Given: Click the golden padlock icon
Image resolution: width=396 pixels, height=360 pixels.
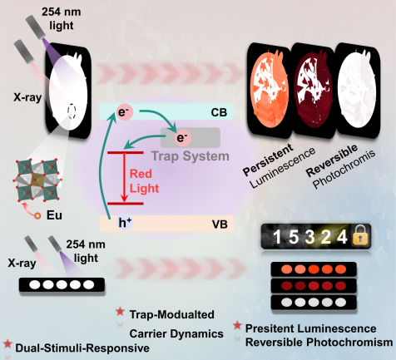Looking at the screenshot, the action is pos(360,235).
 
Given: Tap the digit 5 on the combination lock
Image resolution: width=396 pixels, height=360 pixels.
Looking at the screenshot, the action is pos(294,237).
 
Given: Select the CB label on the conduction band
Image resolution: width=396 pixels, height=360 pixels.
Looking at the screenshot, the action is pos(219,112).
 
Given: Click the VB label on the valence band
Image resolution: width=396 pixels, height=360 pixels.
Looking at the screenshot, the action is pos(220,224).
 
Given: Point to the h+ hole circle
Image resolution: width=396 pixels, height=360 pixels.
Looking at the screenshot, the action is pos(125,223).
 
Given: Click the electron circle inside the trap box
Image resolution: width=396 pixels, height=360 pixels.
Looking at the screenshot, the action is pos(182,138).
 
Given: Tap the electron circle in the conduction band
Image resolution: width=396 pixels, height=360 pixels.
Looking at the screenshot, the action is pos(125,112).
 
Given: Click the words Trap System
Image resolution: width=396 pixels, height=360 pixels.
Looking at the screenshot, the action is pos(191,156).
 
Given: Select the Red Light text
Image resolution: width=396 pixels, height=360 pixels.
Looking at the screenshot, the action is pos(144,181).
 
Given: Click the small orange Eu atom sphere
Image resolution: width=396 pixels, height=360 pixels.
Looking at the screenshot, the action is pos(37,215).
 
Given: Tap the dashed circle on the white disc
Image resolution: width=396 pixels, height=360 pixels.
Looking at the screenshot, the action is pos(72,111).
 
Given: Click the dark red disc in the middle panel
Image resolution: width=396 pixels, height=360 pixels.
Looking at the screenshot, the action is pos(313,88).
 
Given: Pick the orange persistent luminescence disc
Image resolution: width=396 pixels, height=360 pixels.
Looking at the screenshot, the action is pos(270,88).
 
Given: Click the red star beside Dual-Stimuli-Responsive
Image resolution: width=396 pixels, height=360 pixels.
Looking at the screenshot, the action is pos(7,343).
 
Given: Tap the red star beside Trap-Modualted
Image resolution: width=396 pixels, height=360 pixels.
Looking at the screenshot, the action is pos(120,312).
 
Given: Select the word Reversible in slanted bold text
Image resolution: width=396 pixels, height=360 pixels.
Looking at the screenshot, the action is pos(332,160).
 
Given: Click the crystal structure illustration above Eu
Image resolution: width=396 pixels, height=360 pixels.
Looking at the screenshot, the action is pos(37,180).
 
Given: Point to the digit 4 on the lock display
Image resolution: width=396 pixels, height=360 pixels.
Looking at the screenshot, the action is pos(342,237).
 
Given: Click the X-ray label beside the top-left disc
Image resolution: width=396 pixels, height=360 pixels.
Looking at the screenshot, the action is pos(27,97).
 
